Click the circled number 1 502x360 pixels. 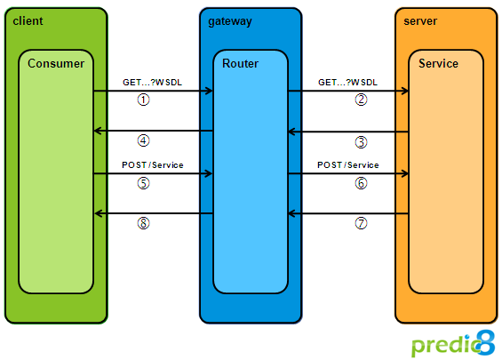pos(143,100)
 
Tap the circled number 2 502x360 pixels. pos(361,100)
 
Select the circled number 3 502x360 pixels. pos(361,142)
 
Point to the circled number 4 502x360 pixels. pos(143,140)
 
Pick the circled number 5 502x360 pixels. pos(143,183)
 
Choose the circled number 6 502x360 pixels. pos(361,183)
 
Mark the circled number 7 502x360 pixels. pos(361,223)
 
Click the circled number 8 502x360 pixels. pos(143,223)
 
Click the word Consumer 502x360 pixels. pos(56,63)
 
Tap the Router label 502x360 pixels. pos(240,63)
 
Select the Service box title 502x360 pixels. pos(438,63)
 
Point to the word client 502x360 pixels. pos(28,21)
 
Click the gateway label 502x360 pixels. pos(230,22)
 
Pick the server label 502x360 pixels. pos(420,21)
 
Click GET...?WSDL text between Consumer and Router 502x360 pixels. pos(153,83)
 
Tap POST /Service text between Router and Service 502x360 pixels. pos(348,165)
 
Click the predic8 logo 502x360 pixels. pos(453,343)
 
